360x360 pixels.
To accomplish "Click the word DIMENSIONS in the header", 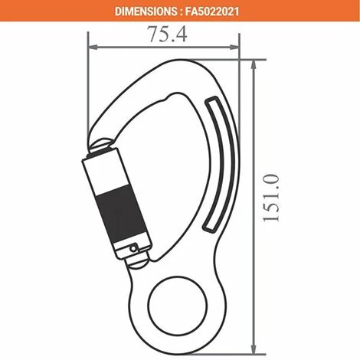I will point(148,11).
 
